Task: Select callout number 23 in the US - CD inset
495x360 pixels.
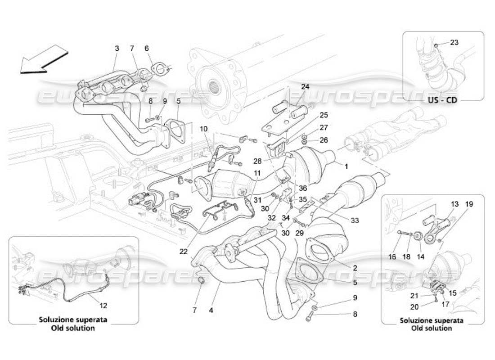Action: click(454, 43)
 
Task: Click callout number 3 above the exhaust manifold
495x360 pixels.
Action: click(117, 48)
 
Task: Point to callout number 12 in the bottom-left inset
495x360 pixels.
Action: click(103, 306)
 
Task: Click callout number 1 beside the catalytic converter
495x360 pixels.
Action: click(346, 166)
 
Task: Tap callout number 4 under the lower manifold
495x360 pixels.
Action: click(211, 310)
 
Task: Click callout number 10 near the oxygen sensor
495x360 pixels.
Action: click(204, 129)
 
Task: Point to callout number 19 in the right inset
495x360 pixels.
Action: click(469, 204)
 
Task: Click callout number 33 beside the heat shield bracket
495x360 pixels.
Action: click(355, 220)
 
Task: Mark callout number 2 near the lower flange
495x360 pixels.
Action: click(355, 268)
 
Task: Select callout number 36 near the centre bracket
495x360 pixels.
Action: click(302, 188)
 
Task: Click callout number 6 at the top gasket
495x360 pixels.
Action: click(146, 48)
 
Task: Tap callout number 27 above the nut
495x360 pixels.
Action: click(324, 127)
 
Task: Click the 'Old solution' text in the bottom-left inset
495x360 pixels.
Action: click(73, 328)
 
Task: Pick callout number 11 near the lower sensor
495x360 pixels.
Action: click(256, 173)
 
